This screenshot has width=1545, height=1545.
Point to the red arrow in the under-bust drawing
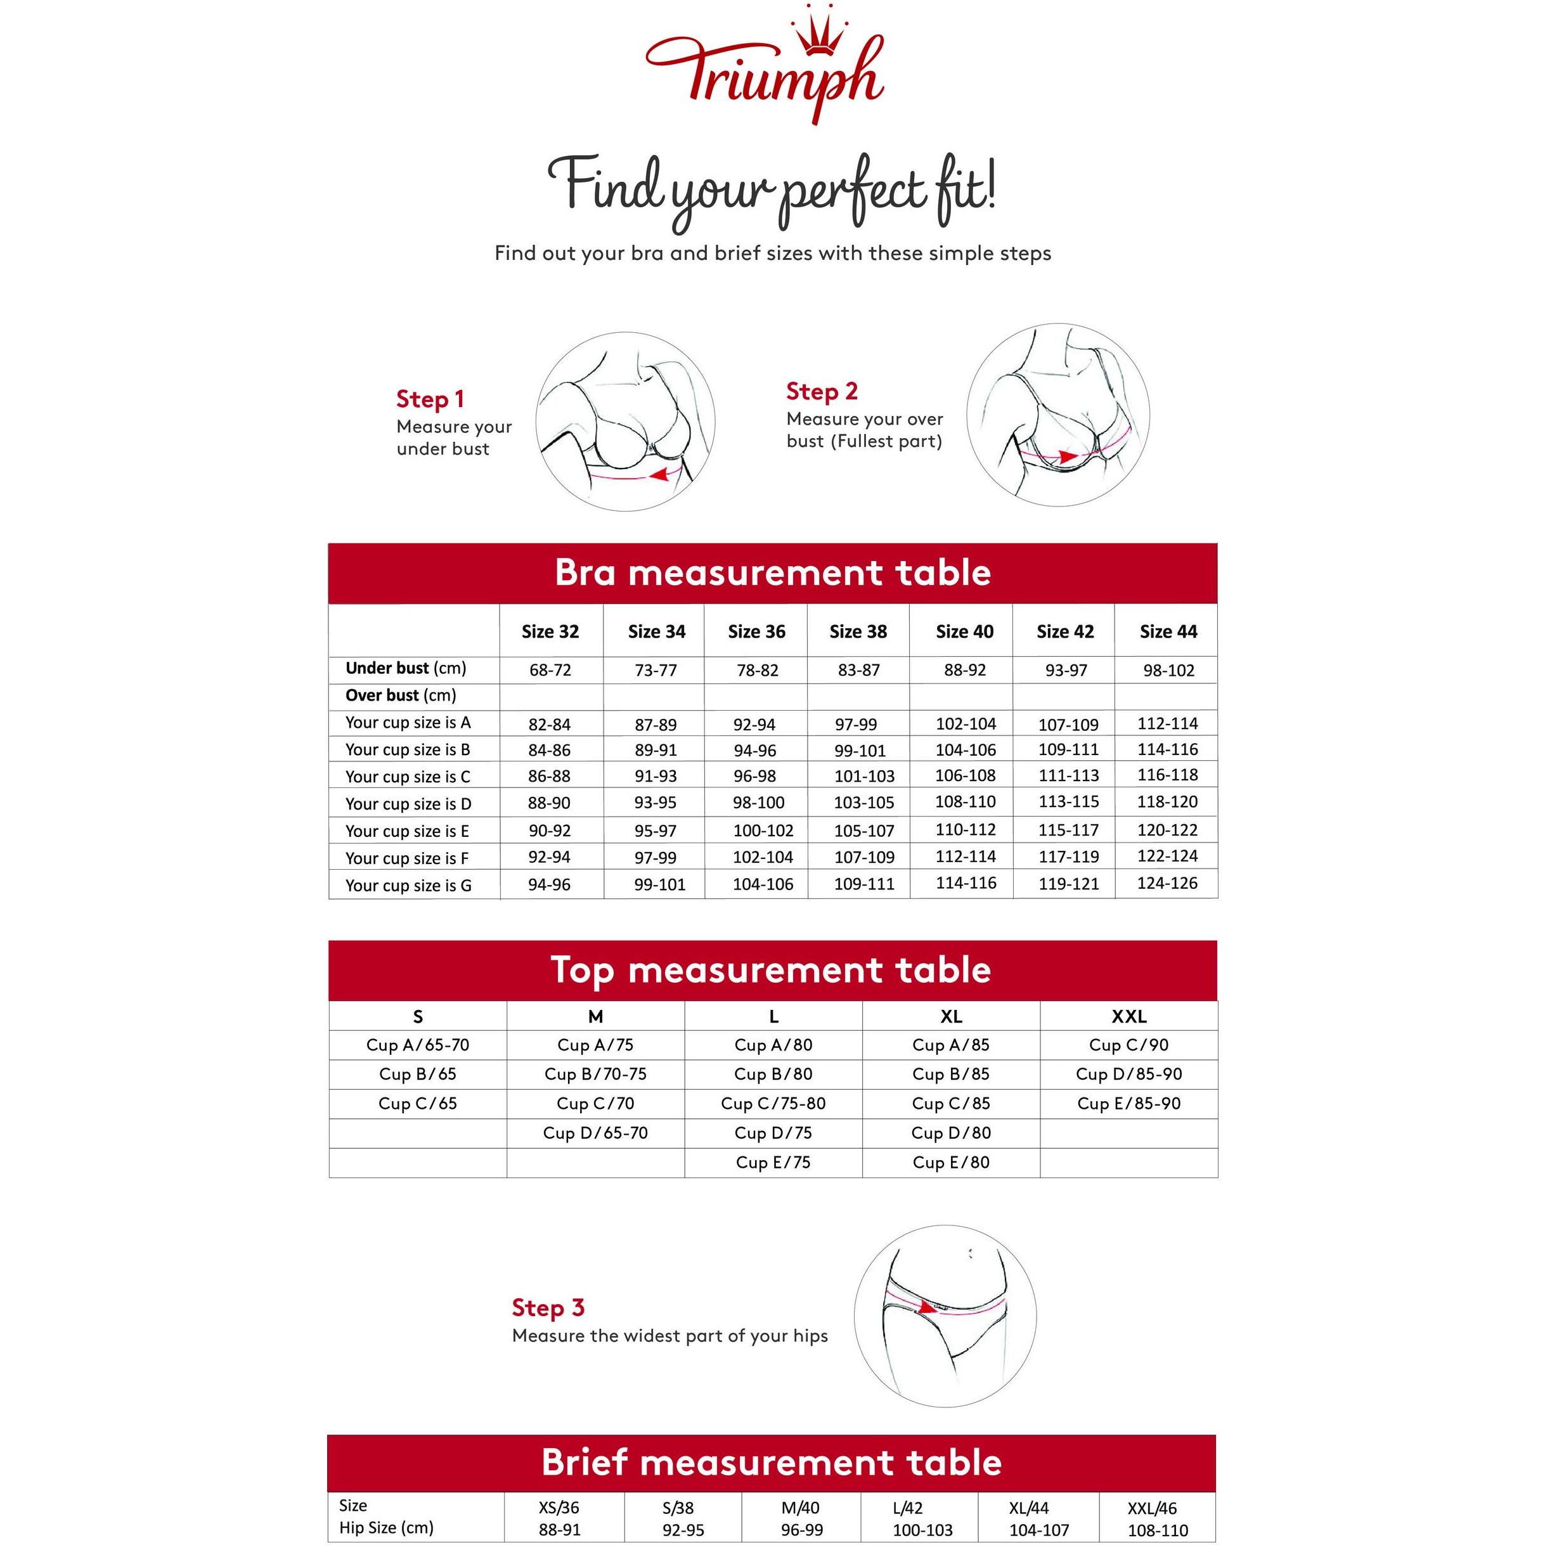[x=660, y=475]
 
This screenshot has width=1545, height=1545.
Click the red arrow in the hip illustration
[x=928, y=1307]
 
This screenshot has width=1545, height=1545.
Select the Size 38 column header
[x=858, y=631]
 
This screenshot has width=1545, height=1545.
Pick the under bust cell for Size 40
[x=964, y=670]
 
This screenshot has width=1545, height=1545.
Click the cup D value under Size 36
[x=758, y=802]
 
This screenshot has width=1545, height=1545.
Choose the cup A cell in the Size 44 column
[x=1168, y=724]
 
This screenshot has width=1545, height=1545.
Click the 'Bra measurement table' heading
[x=772, y=572]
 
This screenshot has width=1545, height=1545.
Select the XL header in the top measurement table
[x=951, y=1016]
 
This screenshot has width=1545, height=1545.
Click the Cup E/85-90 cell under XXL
[x=1128, y=1104]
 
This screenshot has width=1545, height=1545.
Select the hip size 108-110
[x=1157, y=1530]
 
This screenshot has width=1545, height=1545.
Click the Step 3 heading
[x=548, y=1307]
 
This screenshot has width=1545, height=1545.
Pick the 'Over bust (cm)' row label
[x=401, y=695]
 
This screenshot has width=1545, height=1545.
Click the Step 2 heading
[x=821, y=391]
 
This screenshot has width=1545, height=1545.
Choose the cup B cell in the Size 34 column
[x=656, y=750]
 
